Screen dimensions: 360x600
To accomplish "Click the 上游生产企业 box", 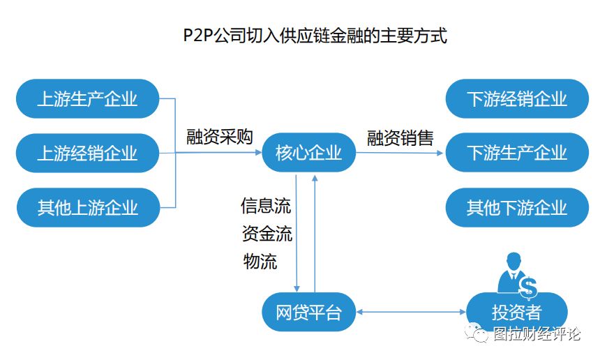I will coord(88,98).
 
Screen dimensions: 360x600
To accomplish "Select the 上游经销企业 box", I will coord(88,153).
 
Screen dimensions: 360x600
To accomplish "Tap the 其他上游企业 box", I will coord(88,207).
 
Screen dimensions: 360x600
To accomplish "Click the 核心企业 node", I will coord(308,153).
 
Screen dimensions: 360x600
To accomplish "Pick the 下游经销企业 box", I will coord(517,98).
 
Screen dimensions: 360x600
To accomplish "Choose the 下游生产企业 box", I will coord(517,153).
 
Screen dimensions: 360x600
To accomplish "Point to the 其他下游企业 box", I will coord(517,207).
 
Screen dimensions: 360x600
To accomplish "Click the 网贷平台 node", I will coord(308,312).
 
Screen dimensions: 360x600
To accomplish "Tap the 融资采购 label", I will coord(219,137).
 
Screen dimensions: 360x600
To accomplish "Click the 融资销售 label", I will coord(400,137).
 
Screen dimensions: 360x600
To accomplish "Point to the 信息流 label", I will coord(266,206).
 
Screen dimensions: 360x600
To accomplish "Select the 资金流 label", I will coord(267,234).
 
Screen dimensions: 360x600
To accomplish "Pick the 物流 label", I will coord(260,262).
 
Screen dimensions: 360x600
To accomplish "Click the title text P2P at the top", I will coord(199,36).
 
